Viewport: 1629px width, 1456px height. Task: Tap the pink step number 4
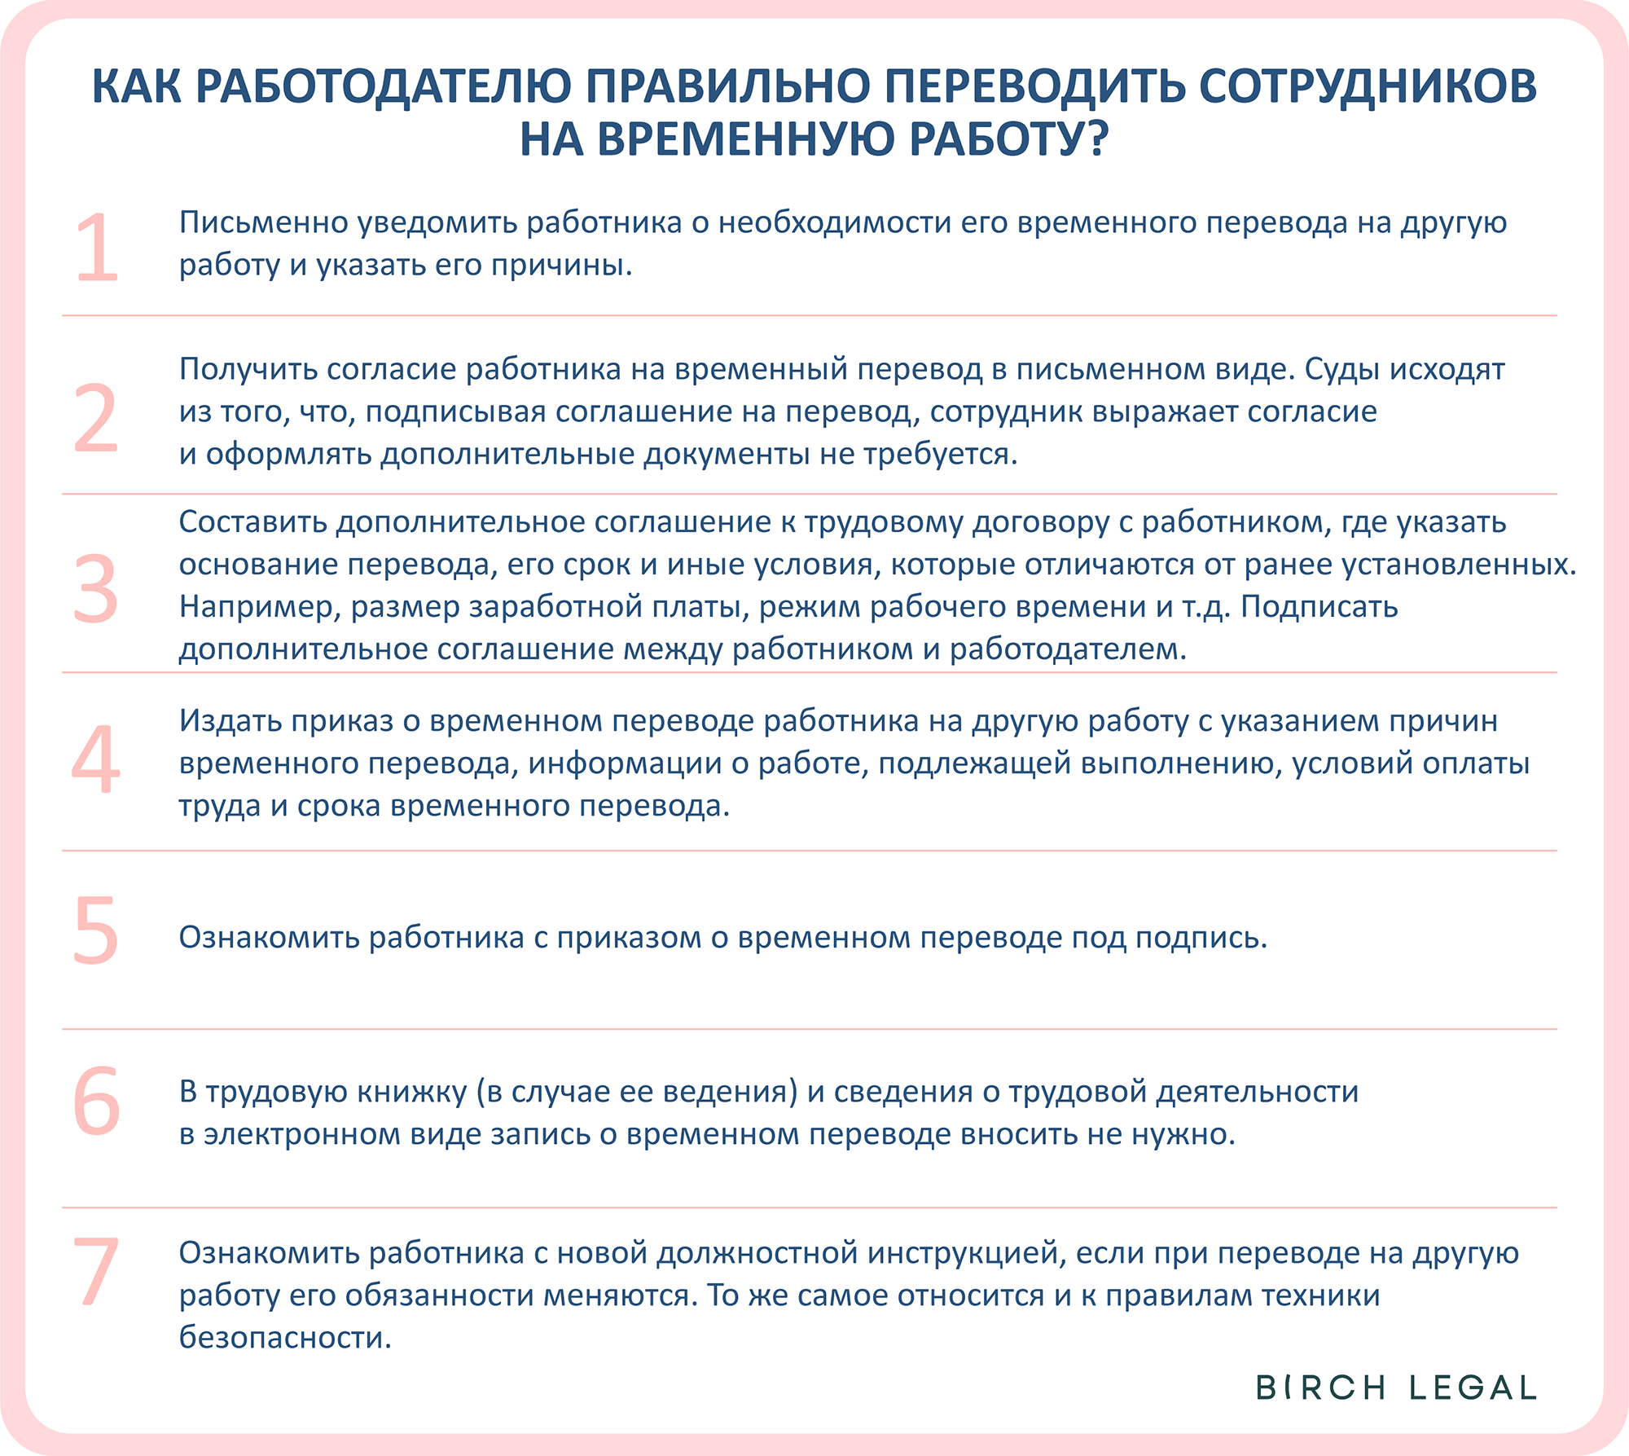tap(96, 759)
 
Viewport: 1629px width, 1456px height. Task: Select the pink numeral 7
tap(96, 1271)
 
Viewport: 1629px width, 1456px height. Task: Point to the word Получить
tap(248, 369)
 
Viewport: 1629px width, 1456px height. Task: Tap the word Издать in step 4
tap(230, 721)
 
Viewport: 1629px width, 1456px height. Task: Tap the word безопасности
tap(284, 1337)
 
